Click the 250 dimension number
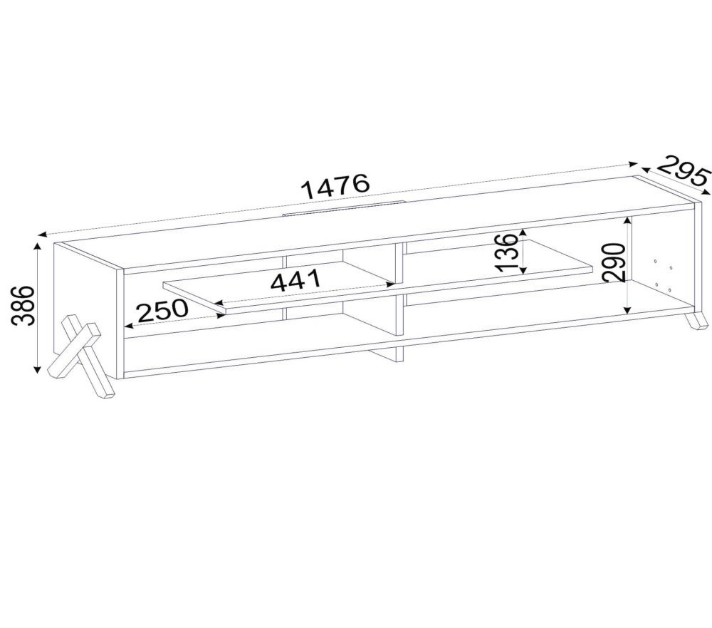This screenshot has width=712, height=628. click(162, 310)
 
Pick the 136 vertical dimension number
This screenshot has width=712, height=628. click(507, 252)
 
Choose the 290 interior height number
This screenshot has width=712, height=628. click(614, 262)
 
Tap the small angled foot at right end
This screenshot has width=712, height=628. click(695, 319)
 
